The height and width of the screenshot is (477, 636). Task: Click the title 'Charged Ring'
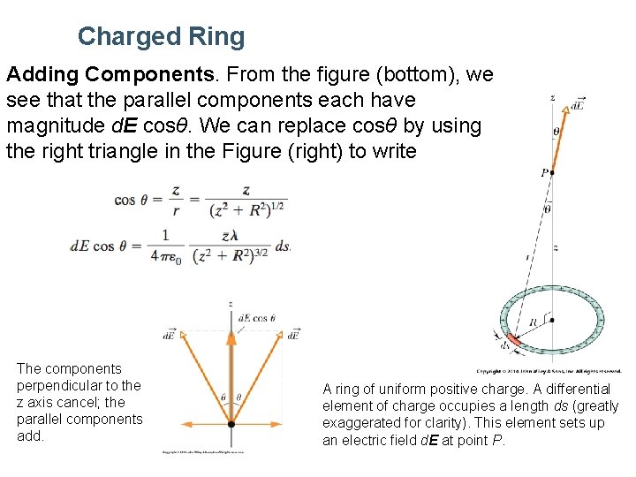pos(161,36)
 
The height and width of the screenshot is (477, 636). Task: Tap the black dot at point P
pos(552,173)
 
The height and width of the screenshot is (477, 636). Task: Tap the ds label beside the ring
pos(505,345)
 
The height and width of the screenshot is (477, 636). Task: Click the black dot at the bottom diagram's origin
pos(231,424)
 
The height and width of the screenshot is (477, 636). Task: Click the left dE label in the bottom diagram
pos(168,335)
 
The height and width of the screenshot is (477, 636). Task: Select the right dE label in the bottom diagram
pos(294,335)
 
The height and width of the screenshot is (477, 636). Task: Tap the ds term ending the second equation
pos(283,246)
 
